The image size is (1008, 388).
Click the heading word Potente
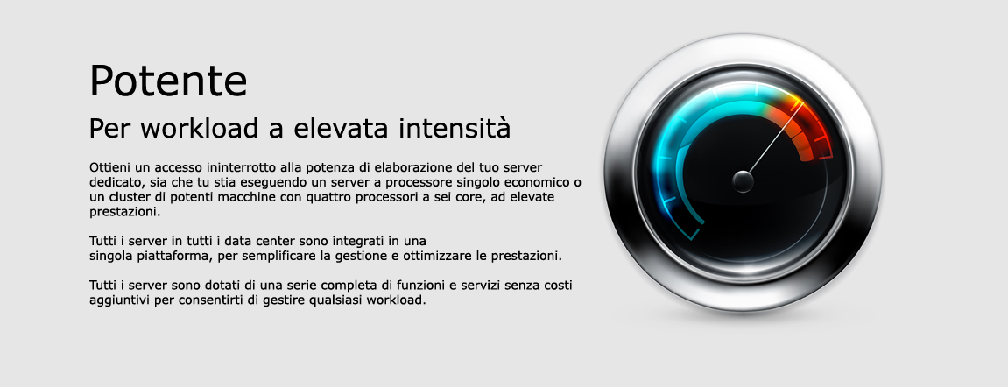tap(168, 81)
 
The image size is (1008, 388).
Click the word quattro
tap(328, 197)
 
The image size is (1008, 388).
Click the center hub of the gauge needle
tap(744, 181)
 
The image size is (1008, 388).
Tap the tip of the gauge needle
tap(803, 102)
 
